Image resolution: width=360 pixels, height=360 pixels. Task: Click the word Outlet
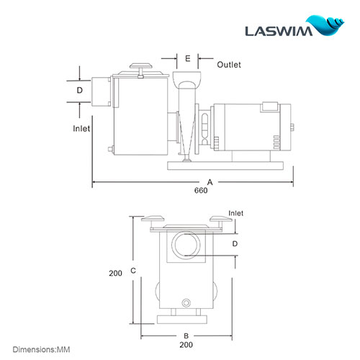[229, 65]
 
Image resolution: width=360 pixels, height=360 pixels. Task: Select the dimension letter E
[187, 58]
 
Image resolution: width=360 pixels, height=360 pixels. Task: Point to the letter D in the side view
[80, 91]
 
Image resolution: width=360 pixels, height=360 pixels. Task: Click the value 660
[200, 191]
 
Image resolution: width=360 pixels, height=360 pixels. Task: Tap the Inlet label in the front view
[235, 213]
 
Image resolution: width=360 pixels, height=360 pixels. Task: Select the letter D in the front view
[235, 244]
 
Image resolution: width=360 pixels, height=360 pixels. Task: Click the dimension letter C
[133, 271]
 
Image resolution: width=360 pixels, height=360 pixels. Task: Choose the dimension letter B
[186, 336]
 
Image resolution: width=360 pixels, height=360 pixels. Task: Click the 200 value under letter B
[186, 346]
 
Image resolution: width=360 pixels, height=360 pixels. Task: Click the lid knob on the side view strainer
[141, 68]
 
